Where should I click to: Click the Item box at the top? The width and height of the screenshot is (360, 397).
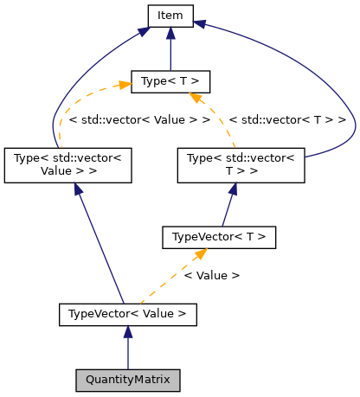(170, 15)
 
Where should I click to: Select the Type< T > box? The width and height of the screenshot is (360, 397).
(170, 82)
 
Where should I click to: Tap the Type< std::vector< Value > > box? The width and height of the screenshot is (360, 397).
(67, 164)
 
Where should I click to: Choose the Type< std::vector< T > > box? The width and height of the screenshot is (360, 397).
(241, 164)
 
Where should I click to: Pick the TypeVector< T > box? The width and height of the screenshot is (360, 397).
(219, 236)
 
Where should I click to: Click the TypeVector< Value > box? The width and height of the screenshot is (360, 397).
(128, 313)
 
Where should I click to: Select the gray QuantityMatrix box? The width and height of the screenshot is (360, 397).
(128, 380)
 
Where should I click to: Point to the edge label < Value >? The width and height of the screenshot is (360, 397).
(211, 275)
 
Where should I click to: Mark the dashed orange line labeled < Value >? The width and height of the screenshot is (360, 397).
(174, 277)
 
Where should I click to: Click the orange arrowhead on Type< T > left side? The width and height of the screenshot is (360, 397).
(124, 84)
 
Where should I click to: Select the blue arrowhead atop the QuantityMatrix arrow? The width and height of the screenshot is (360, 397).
(128, 332)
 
